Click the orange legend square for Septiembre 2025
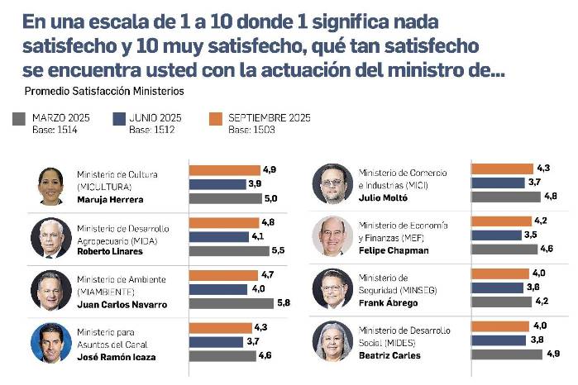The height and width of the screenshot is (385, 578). click(x=215, y=119)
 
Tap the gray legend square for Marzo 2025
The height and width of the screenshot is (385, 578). click(x=19, y=119)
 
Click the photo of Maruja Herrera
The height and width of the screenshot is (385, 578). click(x=50, y=186)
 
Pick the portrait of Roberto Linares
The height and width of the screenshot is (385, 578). click(x=50, y=238)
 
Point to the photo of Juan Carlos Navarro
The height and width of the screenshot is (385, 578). click(x=50, y=290)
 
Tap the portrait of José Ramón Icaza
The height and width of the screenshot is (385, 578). click(x=50, y=342)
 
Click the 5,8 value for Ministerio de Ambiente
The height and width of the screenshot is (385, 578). click(x=284, y=303)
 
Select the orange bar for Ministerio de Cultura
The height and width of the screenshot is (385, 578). click(x=225, y=170)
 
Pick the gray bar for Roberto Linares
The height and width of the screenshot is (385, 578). click(x=229, y=250)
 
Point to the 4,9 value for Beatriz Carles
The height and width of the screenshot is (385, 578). click(x=552, y=354)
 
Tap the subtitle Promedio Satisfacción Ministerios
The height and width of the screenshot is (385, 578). click(x=104, y=91)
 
